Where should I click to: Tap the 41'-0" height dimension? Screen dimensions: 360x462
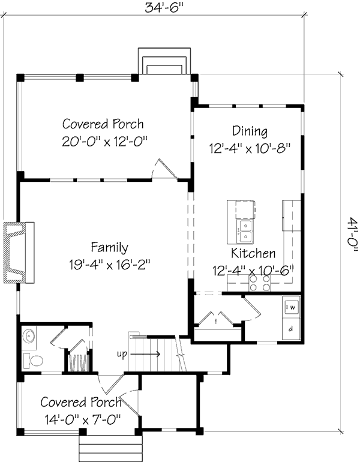pos(352,234)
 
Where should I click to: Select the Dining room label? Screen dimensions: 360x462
pos(250,131)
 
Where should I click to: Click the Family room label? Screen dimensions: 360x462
pos(110,247)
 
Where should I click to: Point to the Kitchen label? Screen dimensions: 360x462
pos(253,253)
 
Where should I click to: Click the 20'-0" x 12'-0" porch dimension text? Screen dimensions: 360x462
pos(104,142)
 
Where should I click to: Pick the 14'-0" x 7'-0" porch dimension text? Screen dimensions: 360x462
pos(83,419)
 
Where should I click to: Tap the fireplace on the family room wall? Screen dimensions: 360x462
pos(19,253)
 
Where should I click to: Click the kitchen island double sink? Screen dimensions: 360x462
pos(245,232)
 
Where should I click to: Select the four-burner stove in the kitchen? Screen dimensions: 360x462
pos(260,283)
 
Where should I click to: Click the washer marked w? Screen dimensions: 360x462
pos(291,307)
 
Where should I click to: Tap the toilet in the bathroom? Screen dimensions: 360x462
pos(32,360)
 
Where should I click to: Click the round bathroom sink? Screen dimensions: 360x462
pos(29,335)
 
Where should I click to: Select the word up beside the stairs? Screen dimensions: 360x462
pos(122,354)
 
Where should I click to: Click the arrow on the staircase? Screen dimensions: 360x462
pos(145,354)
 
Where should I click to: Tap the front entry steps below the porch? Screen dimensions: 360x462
pos(109,448)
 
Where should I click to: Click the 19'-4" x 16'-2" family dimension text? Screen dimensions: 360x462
pos(110,265)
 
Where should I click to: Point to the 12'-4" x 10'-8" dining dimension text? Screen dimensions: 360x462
pos(250,149)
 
